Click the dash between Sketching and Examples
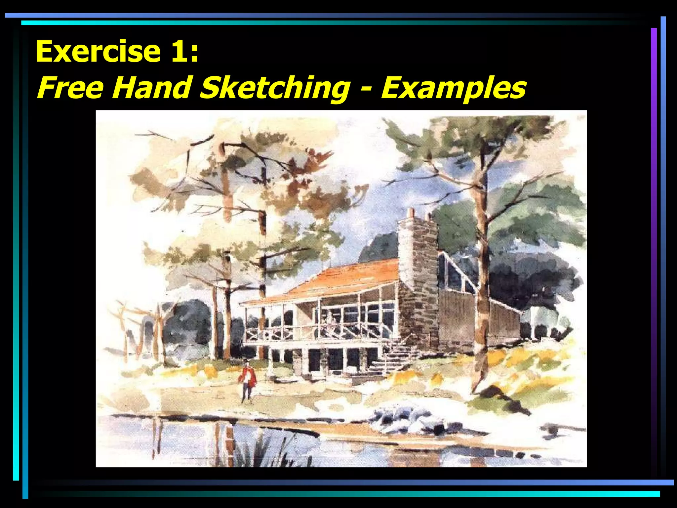click(x=365, y=89)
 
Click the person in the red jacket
click(x=248, y=380)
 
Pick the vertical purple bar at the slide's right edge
click(x=654, y=251)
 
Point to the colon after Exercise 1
click(x=194, y=53)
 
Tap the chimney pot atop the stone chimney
click(x=411, y=213)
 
